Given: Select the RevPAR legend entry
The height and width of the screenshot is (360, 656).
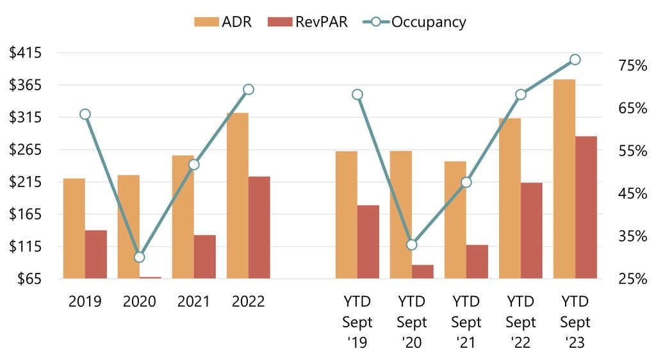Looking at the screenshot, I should [x=312, y=22].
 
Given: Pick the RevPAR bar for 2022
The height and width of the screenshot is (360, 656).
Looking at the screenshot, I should [x=259, y=227].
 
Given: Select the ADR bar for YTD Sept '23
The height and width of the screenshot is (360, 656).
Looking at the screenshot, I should [x=564, y=179].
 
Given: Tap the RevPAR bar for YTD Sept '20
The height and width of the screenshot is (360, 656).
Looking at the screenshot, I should [x=423, y=272].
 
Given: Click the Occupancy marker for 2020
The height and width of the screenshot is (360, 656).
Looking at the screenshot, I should [x=140, y=258].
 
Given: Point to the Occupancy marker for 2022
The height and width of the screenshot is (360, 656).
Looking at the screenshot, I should [x=249, y=89].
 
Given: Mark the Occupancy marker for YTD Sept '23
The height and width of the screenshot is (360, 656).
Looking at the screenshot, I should [x=575, y=60].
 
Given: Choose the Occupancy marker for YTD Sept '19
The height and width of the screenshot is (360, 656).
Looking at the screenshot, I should [x=357, y=95].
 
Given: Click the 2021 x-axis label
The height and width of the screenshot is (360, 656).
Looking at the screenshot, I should [x=193, y=301].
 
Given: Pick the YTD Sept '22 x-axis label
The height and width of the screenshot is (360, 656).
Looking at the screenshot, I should [x=521, y=322].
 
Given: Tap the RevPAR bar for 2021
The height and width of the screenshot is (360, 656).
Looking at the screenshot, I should [x=205, y=257].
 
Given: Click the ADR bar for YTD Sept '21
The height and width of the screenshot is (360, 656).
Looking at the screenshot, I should [x=455, y=220].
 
